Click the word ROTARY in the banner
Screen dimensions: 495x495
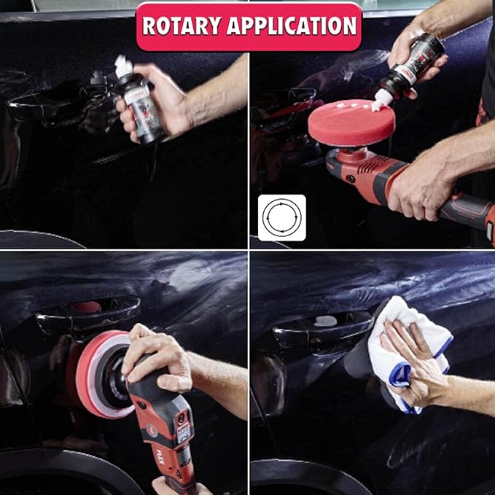(x=183, y=26)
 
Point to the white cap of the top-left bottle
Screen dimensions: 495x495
(x=122, y=68)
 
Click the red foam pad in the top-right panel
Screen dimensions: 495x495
(x=351, y=124)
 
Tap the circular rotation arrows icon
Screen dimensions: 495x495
(x=281, y=218)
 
